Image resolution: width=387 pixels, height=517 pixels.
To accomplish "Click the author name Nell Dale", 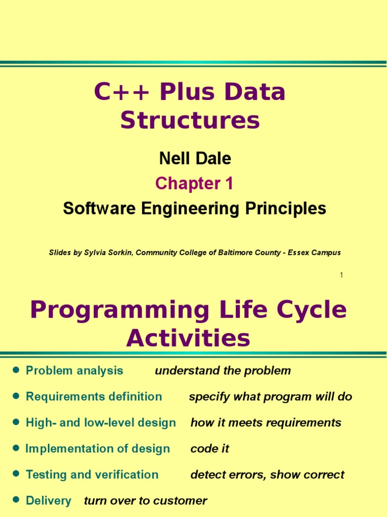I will pos(195,159).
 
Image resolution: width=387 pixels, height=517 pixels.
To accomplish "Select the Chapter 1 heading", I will pos(194,184).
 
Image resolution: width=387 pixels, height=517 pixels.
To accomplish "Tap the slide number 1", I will pos(341,275).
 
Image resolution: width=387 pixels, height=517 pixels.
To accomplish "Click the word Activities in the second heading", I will pos(188,338).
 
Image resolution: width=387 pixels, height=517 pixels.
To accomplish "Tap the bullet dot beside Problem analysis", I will pos(16,370).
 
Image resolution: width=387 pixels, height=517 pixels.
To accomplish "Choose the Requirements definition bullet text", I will pos(94,397).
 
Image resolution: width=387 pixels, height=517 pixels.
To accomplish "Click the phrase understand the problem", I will pos(223,371).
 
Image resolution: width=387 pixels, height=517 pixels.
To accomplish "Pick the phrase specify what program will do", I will pos(270,397).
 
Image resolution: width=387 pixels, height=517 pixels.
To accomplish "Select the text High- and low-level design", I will pos(101,423).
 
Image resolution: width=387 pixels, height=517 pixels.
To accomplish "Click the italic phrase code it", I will pos(210,449).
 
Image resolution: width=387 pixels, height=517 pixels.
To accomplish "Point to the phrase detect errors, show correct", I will pos(267,475).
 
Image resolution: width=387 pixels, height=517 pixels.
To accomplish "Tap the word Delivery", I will pos(48,501).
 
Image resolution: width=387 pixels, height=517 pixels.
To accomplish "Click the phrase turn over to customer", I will pos(145,501).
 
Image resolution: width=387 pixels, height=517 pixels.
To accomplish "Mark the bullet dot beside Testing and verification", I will pos(16,474).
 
